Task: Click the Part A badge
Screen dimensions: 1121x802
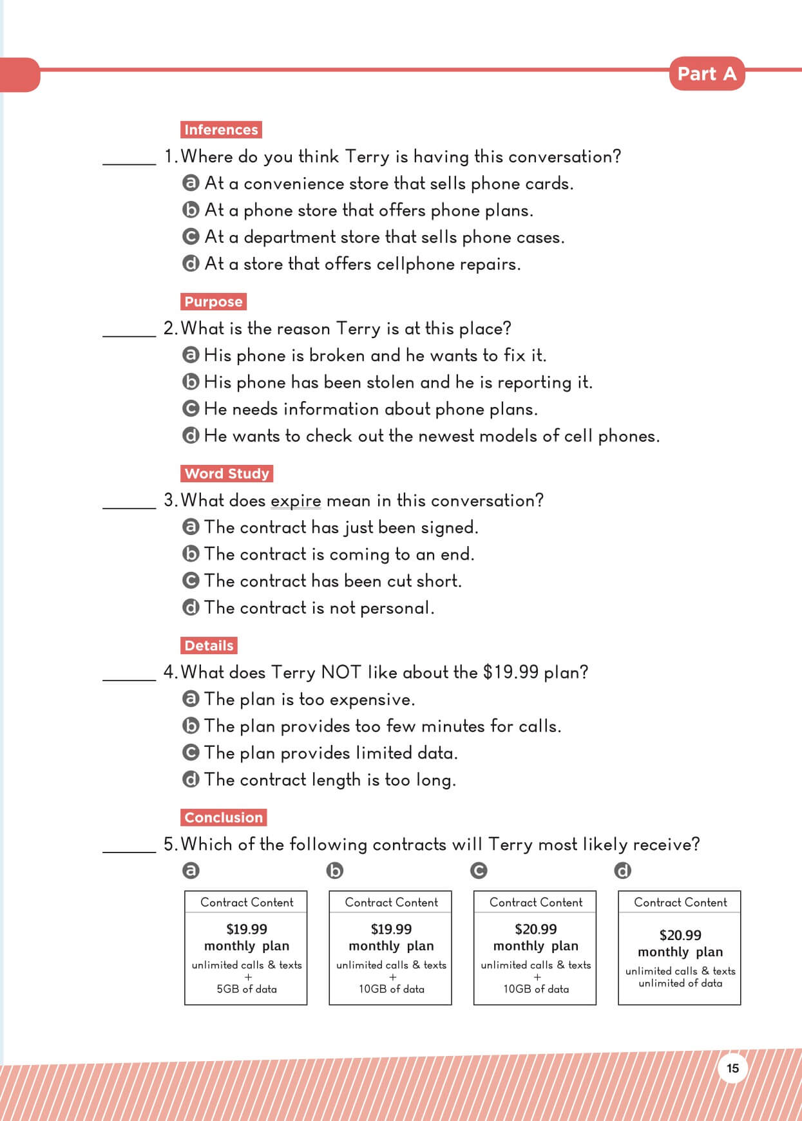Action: coord(707,74)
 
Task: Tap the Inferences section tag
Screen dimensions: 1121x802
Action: coord(221,129)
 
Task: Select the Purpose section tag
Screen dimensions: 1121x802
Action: coord(213,301)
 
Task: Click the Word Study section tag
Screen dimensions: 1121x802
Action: coord(227,473)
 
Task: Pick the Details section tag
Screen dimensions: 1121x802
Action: coord(209,645)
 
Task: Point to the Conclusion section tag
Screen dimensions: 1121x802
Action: coord(224,817)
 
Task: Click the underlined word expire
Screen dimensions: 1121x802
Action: coord(296,501)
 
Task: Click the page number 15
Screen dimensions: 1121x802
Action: coord(732,1068)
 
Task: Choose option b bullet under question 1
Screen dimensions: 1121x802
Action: coord(191,210)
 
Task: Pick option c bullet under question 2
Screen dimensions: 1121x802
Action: coord(191,409)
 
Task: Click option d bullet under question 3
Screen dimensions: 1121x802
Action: coord(191,607)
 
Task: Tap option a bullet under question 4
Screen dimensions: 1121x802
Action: coord(191,699)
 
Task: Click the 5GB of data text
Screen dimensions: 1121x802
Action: coord(246,989)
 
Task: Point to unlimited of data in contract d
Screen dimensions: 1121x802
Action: coord(680,983)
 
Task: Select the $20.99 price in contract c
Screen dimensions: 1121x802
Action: coord(535,929)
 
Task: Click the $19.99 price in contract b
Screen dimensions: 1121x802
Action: coord(391,929)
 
